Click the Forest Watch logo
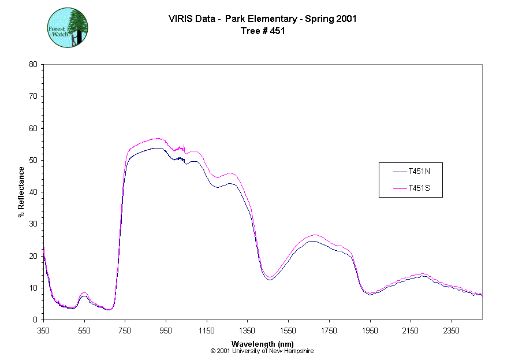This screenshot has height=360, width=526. pos(67,28)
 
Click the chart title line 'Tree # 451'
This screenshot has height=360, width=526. pos(262,31)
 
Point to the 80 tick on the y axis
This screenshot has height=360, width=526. pos(33,64)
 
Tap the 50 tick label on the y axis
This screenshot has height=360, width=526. pos(33,160)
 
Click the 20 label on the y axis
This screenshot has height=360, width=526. pos(33,256)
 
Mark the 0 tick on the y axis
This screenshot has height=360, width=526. pos(36,320)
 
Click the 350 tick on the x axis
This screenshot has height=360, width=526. pos(44,331)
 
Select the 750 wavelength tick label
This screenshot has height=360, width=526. pos(125,331)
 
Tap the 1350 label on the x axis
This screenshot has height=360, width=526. pos(247,331)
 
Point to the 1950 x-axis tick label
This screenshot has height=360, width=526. pos(370,331)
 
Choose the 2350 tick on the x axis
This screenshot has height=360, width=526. pos(451,331)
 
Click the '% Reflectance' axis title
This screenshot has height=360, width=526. pos(21,192)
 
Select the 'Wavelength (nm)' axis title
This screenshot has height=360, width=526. pos(263,344)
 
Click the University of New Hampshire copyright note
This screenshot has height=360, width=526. pos(262,351)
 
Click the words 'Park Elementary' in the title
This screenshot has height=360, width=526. pos(256,18)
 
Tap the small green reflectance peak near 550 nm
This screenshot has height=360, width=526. pos(84,294)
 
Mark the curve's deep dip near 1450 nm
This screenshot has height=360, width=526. pos(270,278)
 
